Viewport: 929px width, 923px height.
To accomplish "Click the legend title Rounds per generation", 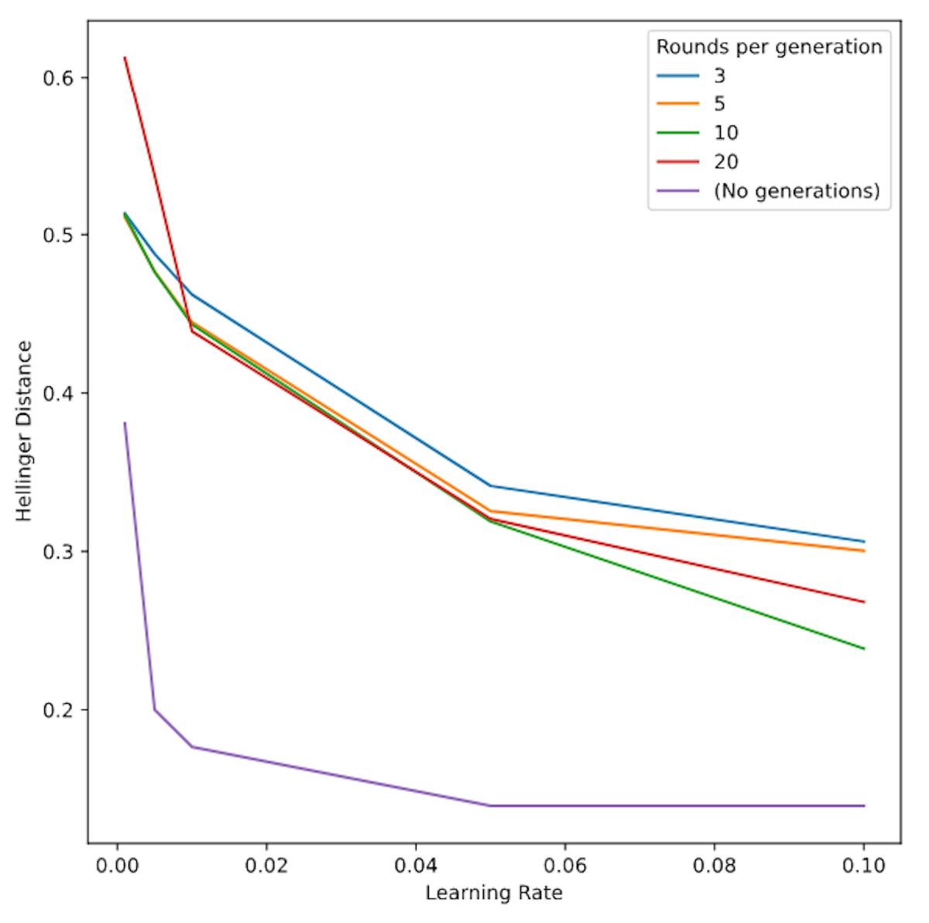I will click(769, 47).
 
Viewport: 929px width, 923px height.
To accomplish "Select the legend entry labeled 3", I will click(719, 76).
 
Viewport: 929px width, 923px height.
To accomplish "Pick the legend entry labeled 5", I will click(719, 105).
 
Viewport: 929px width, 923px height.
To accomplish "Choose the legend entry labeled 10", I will click(725, 133).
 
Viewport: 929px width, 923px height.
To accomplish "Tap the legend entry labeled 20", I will click(725, 162).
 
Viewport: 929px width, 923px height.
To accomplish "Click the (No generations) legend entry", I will click(796, 190).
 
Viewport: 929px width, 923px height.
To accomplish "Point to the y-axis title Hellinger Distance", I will click(26, 431).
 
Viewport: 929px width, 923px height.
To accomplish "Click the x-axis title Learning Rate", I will click(494, 893).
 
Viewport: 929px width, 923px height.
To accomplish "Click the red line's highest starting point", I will click(125, 57).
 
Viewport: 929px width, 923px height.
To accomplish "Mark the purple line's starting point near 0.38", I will click(125, 423).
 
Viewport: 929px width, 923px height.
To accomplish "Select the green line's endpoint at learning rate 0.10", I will click(864, 649).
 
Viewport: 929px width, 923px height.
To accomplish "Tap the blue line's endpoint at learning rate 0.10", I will click(864, 541).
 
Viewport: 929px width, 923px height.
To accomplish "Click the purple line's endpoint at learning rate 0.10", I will click(864, 806).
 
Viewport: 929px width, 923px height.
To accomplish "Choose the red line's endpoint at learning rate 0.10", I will click(864, 602).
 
